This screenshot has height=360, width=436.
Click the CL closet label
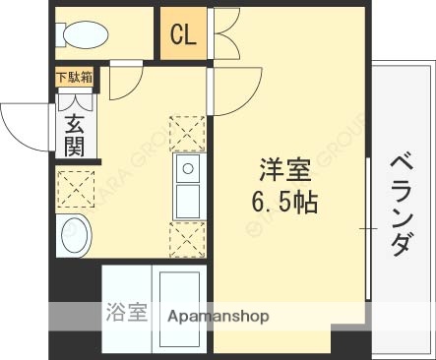point(183,36)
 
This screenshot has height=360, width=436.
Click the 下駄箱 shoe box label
point(74,77)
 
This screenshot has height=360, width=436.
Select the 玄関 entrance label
point(75,136)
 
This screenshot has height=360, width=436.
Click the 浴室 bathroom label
point(126,315)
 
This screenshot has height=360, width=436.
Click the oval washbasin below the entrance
point(75,236)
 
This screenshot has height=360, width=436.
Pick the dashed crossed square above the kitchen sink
point(188,133)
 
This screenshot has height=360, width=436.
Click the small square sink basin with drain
point(187,171)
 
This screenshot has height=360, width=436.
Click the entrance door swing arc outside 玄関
point(22,127)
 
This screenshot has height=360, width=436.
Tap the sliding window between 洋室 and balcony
point(368,226)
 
